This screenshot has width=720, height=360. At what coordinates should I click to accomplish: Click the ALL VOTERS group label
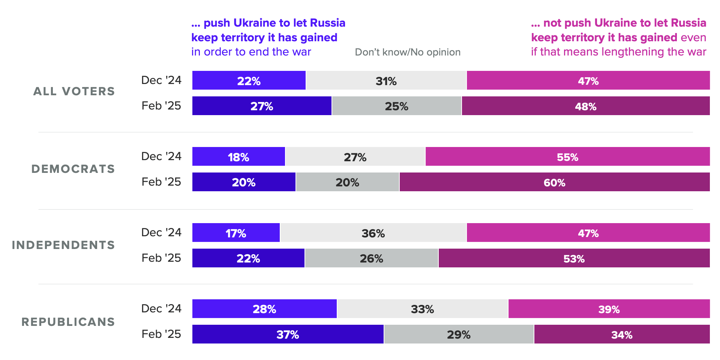coord(74,91)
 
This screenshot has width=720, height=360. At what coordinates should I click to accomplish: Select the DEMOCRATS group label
coord(73,169)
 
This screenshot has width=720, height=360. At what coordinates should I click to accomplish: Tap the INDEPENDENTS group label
coord(63,245)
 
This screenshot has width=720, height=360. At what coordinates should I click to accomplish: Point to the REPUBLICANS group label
coord(68,322)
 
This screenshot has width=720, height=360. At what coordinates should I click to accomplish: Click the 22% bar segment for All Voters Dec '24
coord(249,81)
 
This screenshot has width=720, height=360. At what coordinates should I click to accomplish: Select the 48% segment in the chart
coord(585,106)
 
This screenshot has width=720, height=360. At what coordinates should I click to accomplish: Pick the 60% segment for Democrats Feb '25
coord(554,182)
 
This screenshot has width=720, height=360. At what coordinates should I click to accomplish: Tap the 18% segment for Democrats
coord(238,157)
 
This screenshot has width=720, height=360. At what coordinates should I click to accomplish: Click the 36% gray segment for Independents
coord(373,233)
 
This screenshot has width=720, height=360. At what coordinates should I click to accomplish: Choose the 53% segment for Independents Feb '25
coord(574,258)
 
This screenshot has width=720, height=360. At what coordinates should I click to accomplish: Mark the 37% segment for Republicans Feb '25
coord(288,334)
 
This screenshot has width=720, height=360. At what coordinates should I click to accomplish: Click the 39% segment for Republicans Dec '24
coord(609,309)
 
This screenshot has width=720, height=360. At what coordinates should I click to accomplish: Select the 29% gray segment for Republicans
coord(459,334)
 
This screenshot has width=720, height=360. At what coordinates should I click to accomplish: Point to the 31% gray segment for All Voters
coord(386,81)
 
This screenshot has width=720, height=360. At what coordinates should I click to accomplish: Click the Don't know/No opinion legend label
coord(408,52)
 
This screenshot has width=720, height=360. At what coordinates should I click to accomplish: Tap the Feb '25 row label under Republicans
coord(161,334)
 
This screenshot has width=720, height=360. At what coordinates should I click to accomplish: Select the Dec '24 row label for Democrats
coord(161,156)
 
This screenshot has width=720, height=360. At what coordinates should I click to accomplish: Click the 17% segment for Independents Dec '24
coord(236,233)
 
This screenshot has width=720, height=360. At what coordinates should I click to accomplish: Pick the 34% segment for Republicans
coord(622,334)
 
